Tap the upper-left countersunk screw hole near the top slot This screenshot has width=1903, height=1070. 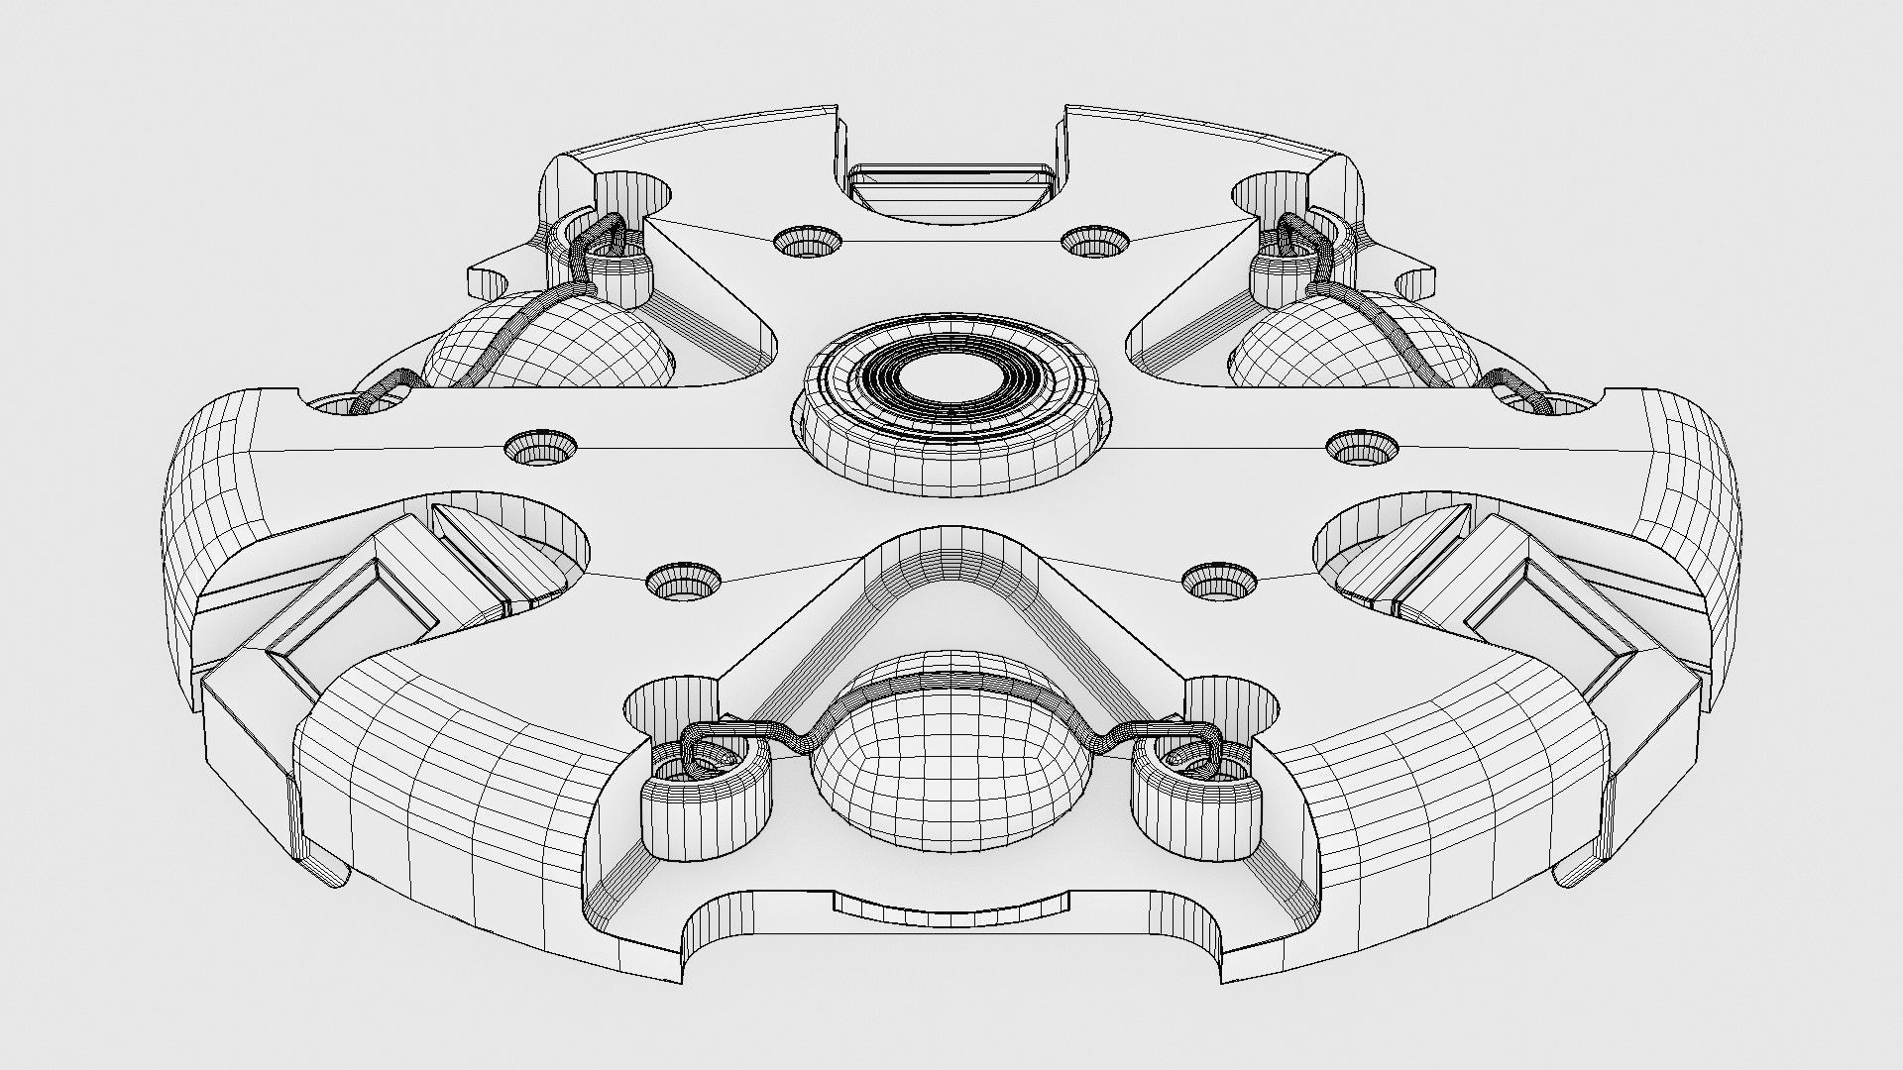click(806, 241)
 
